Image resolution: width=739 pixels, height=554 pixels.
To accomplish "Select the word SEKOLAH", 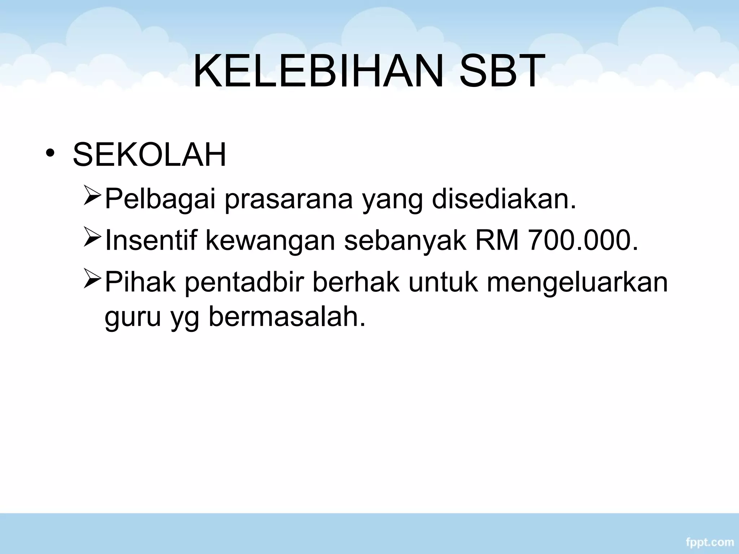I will pyautogui.click(x=149, y=155).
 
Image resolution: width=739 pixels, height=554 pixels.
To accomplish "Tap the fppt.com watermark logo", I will pyautogui.click(x=708, y=542).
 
